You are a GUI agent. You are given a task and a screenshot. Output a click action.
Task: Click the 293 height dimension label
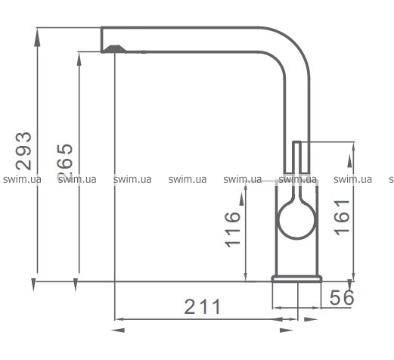pyautogui.click(x=23, y=151)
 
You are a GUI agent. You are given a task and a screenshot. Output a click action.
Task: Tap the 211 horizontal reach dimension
pyautogui.click(x=203, y=306)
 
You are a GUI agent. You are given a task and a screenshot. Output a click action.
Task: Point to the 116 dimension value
pyautogui.click(x=232, y=230)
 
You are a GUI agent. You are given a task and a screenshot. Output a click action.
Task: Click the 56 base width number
pyautogui.click(x=342, y=297)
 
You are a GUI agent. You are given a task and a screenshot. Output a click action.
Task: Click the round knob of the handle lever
pyautogui.click(x=296, y=219)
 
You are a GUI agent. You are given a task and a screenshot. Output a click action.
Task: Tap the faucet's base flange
pyautogui.click(x=296, y=278)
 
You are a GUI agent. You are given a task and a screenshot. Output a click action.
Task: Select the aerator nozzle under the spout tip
pyautogui.click(x=115, y=49)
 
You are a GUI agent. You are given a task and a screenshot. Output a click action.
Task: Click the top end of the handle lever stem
pyautogui.click(x=296, y=141)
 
